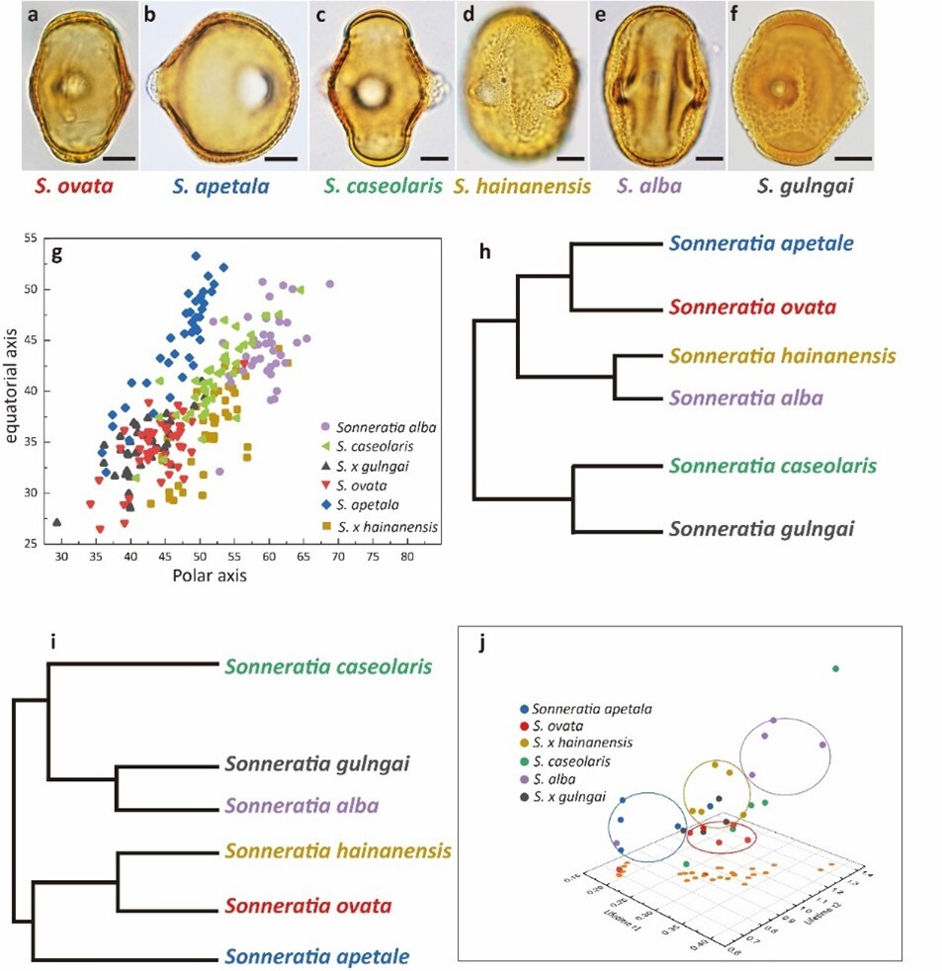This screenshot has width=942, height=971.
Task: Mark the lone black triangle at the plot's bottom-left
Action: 57,522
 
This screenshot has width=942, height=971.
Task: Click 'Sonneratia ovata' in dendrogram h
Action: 751,307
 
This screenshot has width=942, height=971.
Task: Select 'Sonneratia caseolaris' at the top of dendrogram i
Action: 329,666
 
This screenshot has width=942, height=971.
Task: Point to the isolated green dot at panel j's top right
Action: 835,669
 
